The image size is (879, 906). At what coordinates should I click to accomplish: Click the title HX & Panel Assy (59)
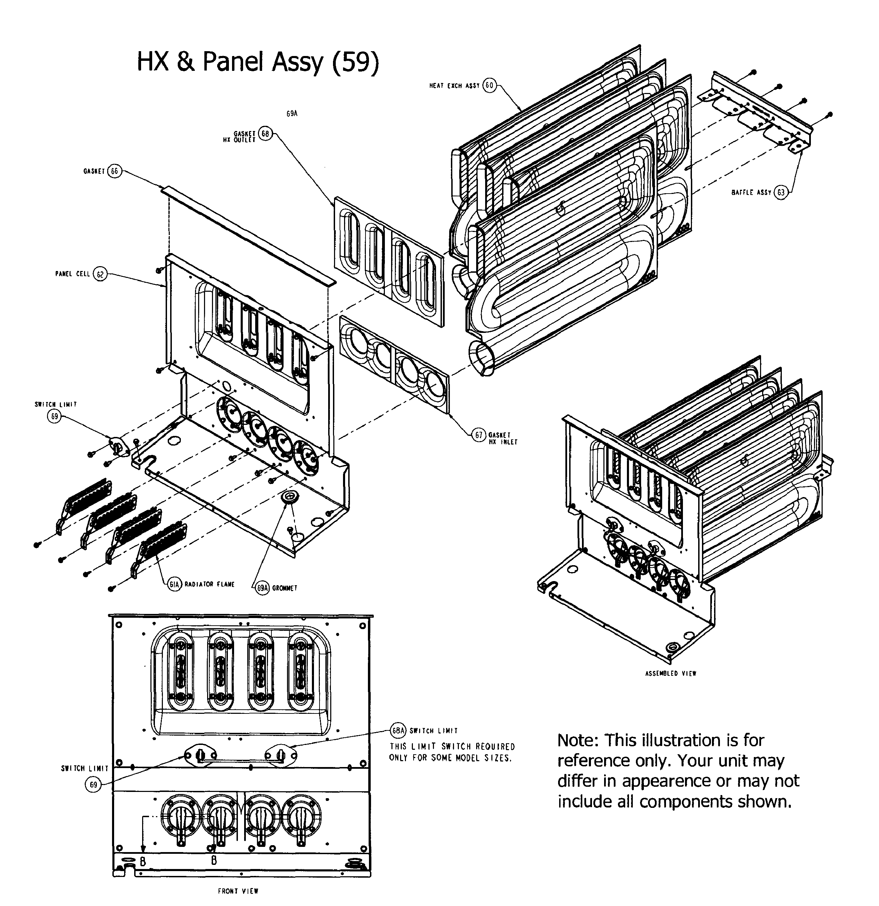point(258,62)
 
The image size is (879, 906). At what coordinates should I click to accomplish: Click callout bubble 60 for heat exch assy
point(489,85)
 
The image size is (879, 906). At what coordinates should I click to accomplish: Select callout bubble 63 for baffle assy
point(781,192)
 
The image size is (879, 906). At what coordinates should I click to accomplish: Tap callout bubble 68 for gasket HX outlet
point(265,134)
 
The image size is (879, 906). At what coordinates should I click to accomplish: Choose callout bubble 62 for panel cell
point(100,274)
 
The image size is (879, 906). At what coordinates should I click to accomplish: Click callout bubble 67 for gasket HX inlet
point(479,435)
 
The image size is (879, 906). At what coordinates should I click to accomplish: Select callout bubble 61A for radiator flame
point(174,584)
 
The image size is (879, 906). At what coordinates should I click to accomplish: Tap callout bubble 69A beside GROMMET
point(262,588)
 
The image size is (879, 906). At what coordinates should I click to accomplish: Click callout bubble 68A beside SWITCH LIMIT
point(398,731)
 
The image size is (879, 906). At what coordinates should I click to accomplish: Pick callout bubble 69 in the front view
point(93,784)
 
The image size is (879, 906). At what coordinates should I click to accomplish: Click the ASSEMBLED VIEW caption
point(670,673)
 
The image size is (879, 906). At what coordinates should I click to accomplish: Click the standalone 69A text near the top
point(292,114)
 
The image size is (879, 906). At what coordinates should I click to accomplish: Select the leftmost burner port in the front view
point(181,818)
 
